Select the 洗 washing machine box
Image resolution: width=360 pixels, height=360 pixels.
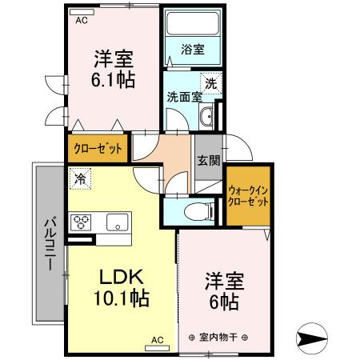pyautogui.click(x=210, y=82)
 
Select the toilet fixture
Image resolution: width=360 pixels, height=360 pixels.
pyautogui.click(x=193, y=212)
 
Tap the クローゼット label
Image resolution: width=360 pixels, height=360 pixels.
pyautogui.click(x=98, y=148)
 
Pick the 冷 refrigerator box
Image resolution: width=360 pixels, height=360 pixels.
pyautogui.click(x=80, y=179)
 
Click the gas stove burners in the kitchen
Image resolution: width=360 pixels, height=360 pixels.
pyautogui.click(x=82, y=222)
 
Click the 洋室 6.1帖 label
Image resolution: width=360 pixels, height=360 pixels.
pyautogui.click(x=114, y=69)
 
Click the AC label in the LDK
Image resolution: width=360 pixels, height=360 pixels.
pyautogui.click(x=157, y=340)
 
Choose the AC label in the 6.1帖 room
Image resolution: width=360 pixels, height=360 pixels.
pyautogui.click(x=82, y=22)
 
